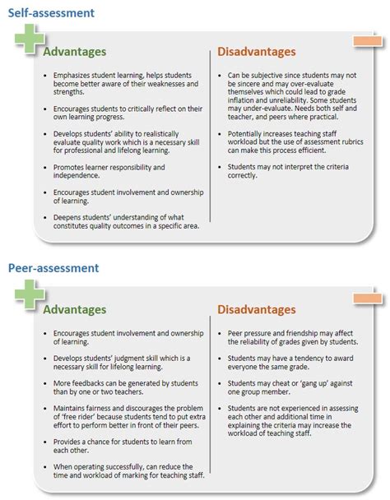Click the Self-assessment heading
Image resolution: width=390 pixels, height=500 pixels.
point(50,12)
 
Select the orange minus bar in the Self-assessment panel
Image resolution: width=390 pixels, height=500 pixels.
point(366,41)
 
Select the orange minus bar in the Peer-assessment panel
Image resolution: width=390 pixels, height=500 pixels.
point(366,298)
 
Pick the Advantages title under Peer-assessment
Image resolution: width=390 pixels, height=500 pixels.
point(74,310)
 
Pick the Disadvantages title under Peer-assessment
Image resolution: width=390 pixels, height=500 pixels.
point(256,310)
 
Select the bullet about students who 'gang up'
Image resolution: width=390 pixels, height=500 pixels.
point(288,388)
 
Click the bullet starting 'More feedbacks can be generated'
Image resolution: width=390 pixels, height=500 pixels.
point(123,388)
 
